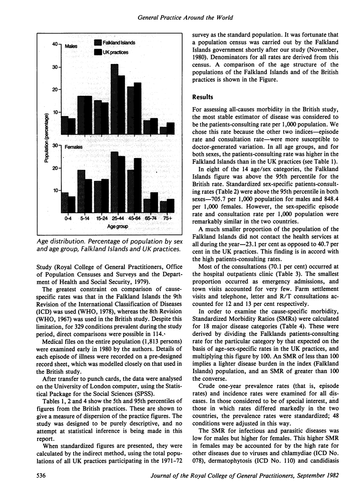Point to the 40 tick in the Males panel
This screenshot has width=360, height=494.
[56, 44]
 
